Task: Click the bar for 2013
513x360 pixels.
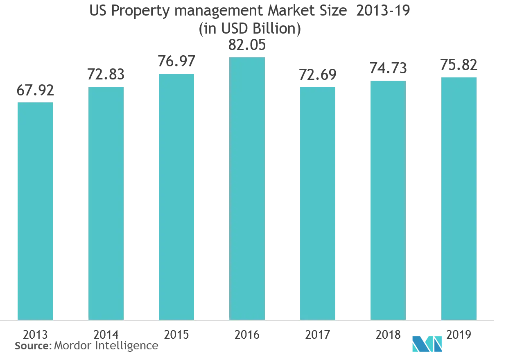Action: [36, 211]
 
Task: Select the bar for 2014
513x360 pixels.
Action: [106, 202]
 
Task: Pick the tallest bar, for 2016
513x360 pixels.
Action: [247, 188]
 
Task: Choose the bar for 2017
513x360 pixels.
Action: [318, 202]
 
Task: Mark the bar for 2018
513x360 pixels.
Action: [388, 199]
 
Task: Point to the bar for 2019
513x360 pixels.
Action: [459, 197]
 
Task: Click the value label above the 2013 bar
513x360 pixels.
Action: [36, 91]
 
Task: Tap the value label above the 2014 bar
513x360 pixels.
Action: [106, 75]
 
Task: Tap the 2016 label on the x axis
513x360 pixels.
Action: [247, 335]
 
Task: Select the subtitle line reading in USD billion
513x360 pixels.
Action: [250, 29]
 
